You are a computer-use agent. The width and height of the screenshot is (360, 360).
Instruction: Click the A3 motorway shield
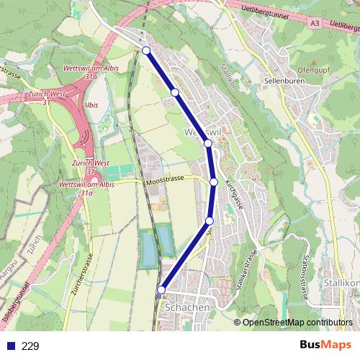pyautogui.click(x=315, y=23)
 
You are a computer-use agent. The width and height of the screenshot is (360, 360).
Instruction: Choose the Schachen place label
pyautogui.click(x=188, y=307)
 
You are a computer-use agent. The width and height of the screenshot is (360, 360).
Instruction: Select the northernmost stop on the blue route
pyautogui.click(x=146, y=50)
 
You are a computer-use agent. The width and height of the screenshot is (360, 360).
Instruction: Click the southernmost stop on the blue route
pyautogui.click(x=161, y=289)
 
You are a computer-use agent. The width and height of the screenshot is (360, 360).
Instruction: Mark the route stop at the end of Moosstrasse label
pyautogui.click(x=214, y=181)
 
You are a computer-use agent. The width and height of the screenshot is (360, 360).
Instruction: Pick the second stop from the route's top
pyautogui.click(x=174, y=92)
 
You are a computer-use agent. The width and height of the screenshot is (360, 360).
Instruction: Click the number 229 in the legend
pyautogui.click(x=31, y=346)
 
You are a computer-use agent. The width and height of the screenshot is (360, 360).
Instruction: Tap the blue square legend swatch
pyautogui.click(x=11, y=346)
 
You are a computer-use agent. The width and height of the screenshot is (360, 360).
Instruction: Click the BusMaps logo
pyautogui.click(x=325, y=345)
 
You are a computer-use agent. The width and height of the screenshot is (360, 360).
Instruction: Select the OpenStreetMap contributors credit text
pyautogui.click(x=298, y=322)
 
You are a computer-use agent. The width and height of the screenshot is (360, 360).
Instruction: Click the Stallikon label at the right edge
pyautogui.click(x=341, y=283)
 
